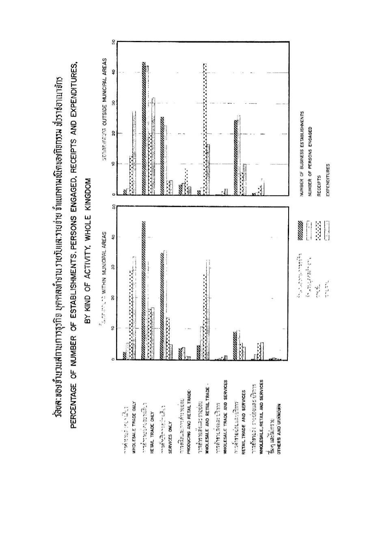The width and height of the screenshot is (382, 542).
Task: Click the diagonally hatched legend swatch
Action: pyautogui.click(x=301, y=225)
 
